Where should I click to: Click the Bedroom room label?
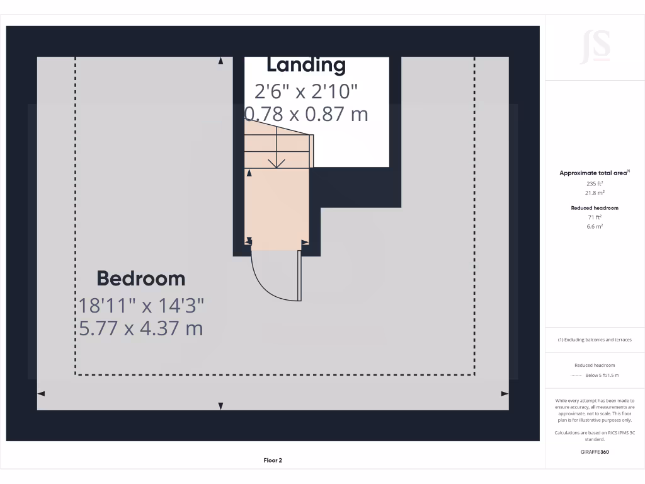point(140,279)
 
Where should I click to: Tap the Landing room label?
point(306,65)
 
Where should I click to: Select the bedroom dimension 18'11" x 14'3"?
point(141,306)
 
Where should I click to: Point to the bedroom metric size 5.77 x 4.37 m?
point(141,328)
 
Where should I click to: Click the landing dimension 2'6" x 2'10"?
point(306,91)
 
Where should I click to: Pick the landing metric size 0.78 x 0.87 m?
point(306,114)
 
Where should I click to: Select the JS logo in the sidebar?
point(595,47)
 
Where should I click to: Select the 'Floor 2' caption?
point(273,461)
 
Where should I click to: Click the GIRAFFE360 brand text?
point(595,452)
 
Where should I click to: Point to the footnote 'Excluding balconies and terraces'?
point(595,340)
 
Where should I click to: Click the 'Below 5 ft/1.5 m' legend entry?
point(602,375)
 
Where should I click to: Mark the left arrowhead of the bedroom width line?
point(41,393)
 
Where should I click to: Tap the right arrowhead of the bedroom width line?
point(505,393)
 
